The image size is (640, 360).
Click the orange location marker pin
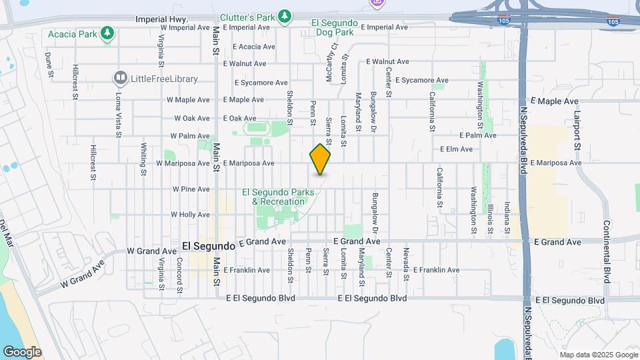tap(321, 159)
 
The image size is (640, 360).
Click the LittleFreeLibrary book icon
tap(121, 79)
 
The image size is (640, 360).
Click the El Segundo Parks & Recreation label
tap(280, 197)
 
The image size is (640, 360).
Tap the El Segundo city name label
tap(208, 246)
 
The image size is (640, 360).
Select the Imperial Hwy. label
tap(162, 20)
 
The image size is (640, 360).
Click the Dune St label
tap(49, 65)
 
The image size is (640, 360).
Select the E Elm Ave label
tap(456, 149)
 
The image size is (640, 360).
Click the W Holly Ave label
tap(190, 215)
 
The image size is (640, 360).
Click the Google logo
tap(22, 351)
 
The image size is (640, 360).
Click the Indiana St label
tap(507, 214)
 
